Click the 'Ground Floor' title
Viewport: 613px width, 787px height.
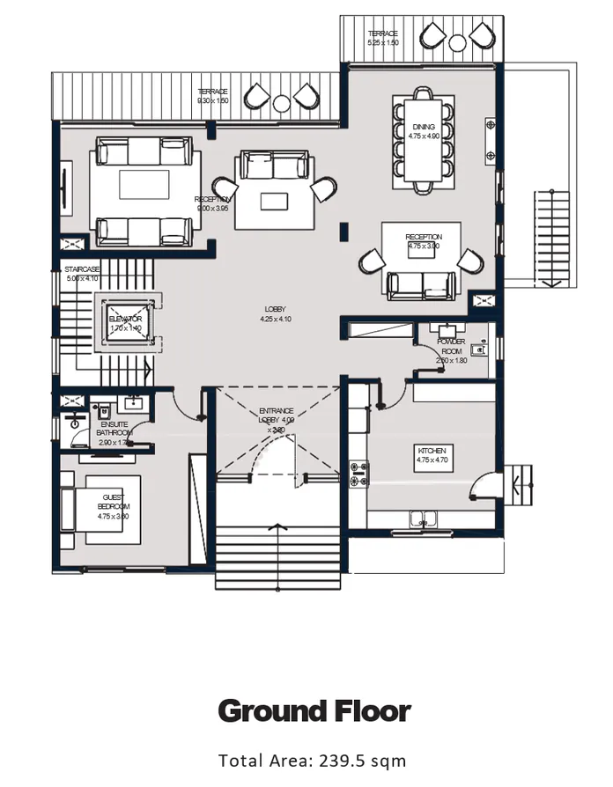pos(314,710)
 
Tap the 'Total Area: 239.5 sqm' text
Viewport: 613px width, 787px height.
pos(313,760)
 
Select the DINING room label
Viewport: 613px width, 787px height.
pos(423,131)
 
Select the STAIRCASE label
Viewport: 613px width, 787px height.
pos(82,273)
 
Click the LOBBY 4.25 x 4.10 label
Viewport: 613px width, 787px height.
pos(275,314)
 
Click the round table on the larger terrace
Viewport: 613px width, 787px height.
pos(281,103)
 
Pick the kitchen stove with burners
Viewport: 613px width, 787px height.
pos(358,474)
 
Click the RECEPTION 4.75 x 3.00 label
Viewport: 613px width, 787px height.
pos(424,242)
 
